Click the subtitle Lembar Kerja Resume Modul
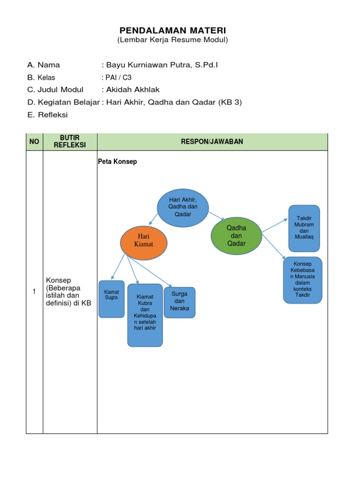click(x=172, y=40)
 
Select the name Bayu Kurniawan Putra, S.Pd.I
click(x=162, y=65)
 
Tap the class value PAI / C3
click(x=116, y=77)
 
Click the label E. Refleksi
click(x=47, y=114)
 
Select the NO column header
click(x=35, y=142)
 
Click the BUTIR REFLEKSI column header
click(x=70, y=142)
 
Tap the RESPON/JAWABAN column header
click(x=212, y=142)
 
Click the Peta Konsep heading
click(x=117, y=162)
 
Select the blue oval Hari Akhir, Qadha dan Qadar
click(x=183, y=207)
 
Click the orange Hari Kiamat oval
click(x=143, y=243)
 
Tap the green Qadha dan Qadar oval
click(x=236, y=235)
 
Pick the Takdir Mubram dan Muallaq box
click(x=304, y=228)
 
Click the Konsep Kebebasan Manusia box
click(x=302, y=280)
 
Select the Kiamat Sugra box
click(x=112, y=299)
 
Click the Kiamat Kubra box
click(x=145, y=315)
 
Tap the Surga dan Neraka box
click(x=180, y=302)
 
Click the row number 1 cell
click(x=34, y=292)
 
